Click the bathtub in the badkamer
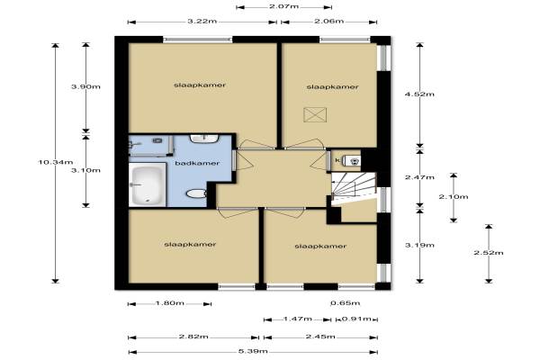coord(148,184)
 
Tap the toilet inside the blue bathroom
coord(196,193)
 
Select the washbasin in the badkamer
coord(204,139)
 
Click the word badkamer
coord(197,163)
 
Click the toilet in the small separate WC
coord(352,160)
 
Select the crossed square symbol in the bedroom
coord(315,114)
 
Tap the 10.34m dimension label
coord(56,162)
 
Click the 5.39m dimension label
coord(253,351)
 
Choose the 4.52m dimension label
coord(419,94)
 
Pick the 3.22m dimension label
coord(202,21)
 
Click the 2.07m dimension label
coord(284,6)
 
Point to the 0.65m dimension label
coord(345,303)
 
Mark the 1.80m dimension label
coord(170,303)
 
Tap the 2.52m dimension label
coord(489,253)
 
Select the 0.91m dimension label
coord(356,319)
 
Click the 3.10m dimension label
coord(85,170)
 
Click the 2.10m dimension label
coord(454,197)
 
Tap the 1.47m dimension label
coord(298,319)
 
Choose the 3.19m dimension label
coord(419,246)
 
